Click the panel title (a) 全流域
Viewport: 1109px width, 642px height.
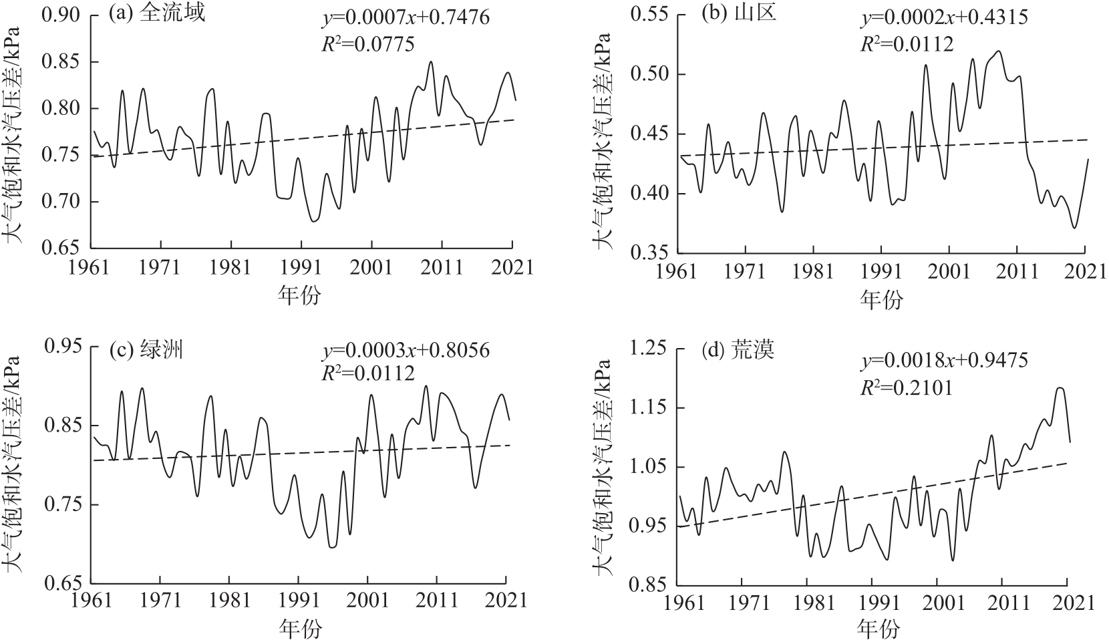click(157, 15)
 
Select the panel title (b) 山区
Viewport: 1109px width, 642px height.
click(738, 15)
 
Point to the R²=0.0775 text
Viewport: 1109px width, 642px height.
click(368, 45)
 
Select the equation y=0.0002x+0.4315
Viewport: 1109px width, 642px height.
click(943, 17)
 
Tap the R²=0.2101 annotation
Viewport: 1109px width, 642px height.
click(907, 385)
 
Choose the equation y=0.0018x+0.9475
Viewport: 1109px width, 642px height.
click(943, 360)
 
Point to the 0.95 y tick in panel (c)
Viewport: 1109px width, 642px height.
click(64, 347)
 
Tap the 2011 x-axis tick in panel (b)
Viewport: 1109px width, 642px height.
click(1017, 273)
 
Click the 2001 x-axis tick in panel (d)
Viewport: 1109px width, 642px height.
click(937, 603)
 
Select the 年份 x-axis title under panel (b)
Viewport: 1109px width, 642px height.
click(881, 299)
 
